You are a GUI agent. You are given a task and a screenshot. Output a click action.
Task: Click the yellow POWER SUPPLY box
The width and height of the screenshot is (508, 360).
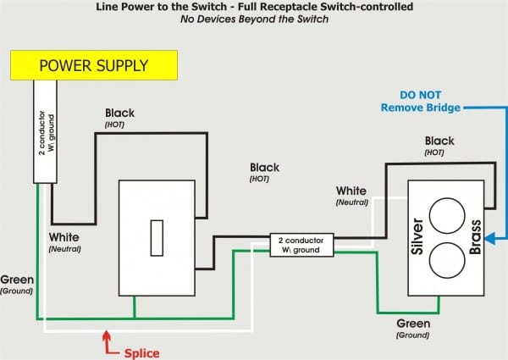(93, 64)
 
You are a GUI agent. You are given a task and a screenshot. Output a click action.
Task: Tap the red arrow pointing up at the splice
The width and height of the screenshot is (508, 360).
(105, 341)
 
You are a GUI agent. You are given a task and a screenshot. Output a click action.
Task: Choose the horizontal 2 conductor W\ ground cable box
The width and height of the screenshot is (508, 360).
(301, 245)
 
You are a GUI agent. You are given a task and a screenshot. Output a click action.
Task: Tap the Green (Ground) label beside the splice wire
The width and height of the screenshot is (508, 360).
(16, 284)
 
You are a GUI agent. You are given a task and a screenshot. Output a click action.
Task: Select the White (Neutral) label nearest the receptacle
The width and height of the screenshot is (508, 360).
(351, 196)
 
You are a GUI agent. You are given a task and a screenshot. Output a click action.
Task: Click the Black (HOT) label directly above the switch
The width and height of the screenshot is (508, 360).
(120, 118)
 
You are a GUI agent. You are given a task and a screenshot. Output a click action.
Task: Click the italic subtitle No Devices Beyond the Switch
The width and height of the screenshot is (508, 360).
(253, 20)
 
